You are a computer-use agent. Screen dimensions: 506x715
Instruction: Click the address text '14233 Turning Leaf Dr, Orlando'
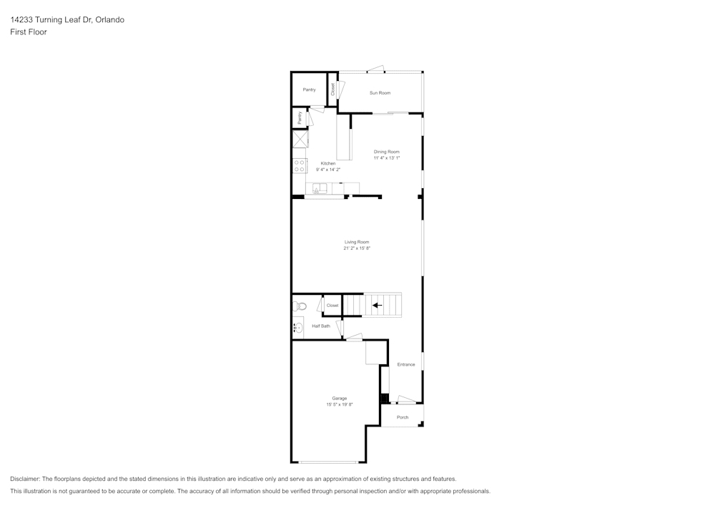pyautogui.click(x=67, y=20)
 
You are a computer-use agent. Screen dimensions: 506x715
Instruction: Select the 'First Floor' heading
pyautogui.click(x=29, y=32)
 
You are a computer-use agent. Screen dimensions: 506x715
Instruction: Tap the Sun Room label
pyautogui.click(x=380, y=93)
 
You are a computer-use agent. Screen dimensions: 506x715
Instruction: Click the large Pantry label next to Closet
pyautogui.click(x=309, y=89)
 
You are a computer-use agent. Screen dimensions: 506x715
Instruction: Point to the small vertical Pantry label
pyautogui.click(x=300, y=118)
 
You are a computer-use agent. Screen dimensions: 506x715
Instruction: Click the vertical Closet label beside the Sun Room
pyautogui.click(x=332, y=89)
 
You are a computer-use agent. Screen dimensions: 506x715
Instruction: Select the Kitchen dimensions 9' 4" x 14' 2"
pyautogui.click(x=328, y=170)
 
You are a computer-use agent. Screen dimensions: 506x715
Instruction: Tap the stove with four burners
pyautogui.click(x=300, y=166)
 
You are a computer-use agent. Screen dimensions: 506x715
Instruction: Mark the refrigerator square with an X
pyautogui.click(x=300, y=138)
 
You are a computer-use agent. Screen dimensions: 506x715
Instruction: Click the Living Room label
pyautogui.click(x=357, y=242)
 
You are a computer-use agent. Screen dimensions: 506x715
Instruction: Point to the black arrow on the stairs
pyautogui.click(x=377, y=306)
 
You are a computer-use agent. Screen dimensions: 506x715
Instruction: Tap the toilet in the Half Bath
pyautogui.click(x=300, y=306)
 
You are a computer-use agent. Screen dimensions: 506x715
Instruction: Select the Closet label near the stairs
pyautogui.click(x=332, y=306)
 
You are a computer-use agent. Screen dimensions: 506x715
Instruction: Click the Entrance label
pyautogui.click(x=406, y=364)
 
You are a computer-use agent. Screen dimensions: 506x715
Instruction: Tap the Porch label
pyautogui.click(x=403, y=417)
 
